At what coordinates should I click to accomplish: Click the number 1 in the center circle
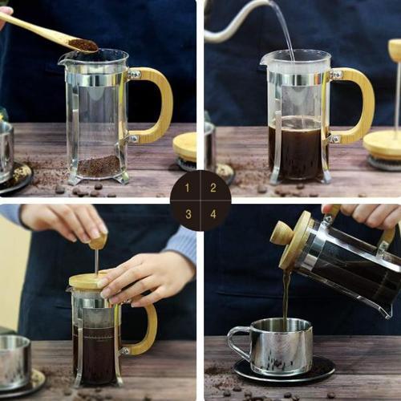pyautogui.click(x=188, y=188)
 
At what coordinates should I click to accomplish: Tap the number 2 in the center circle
pyautogui.click(x=213, y=188)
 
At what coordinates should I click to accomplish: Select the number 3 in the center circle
pyautogui.click(x=188, y=214)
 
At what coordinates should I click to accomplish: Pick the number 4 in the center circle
pyautogui.click(x=213, y=214)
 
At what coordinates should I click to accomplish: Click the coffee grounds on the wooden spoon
pyautogui.click(x=82, y=45)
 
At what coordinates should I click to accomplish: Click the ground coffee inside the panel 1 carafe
pyautogui.click(x=99, y=167)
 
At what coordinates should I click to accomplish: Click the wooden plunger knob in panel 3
pyautogui.click(x=97, y=241)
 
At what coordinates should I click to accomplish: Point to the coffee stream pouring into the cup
pyautogui.click(x=285, y=297)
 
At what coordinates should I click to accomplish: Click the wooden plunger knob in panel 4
pyautogui.click(x=282, y=233)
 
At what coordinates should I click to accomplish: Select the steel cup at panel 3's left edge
pyautogui.click(x=14, y=361)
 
